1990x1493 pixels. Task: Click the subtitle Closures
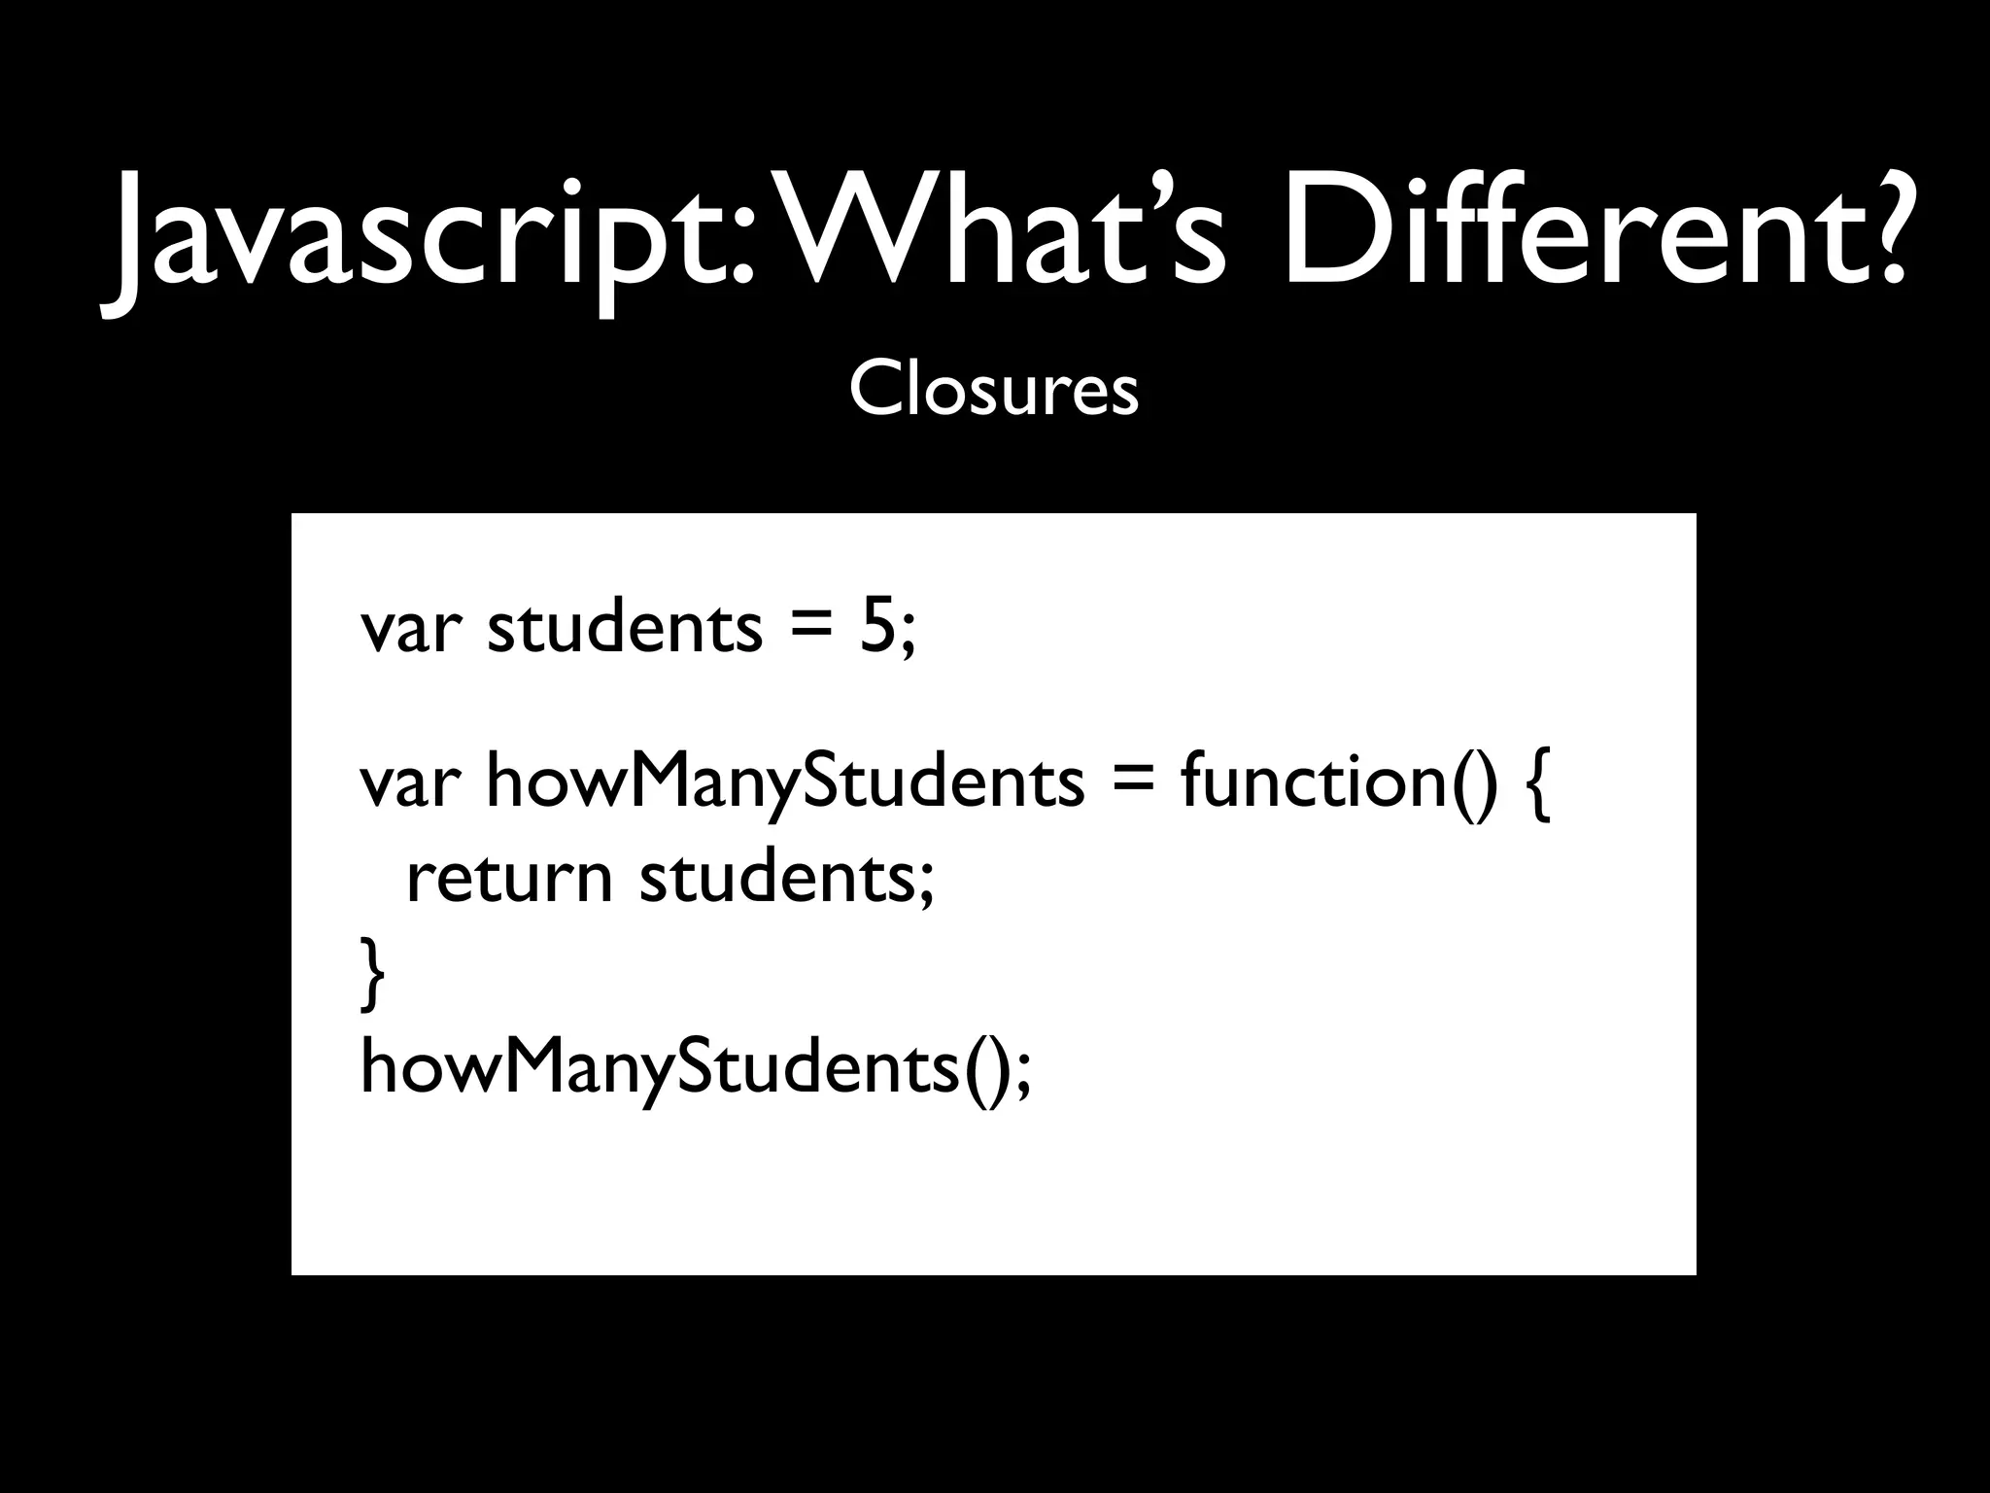click(993, 390)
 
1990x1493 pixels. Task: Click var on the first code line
click(408, 629)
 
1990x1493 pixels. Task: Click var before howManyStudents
click(408, 783)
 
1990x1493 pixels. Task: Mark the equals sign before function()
click(1132, 783)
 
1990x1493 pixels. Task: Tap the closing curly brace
click(372, 973)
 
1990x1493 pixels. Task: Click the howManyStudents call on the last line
click(661, 1067)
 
